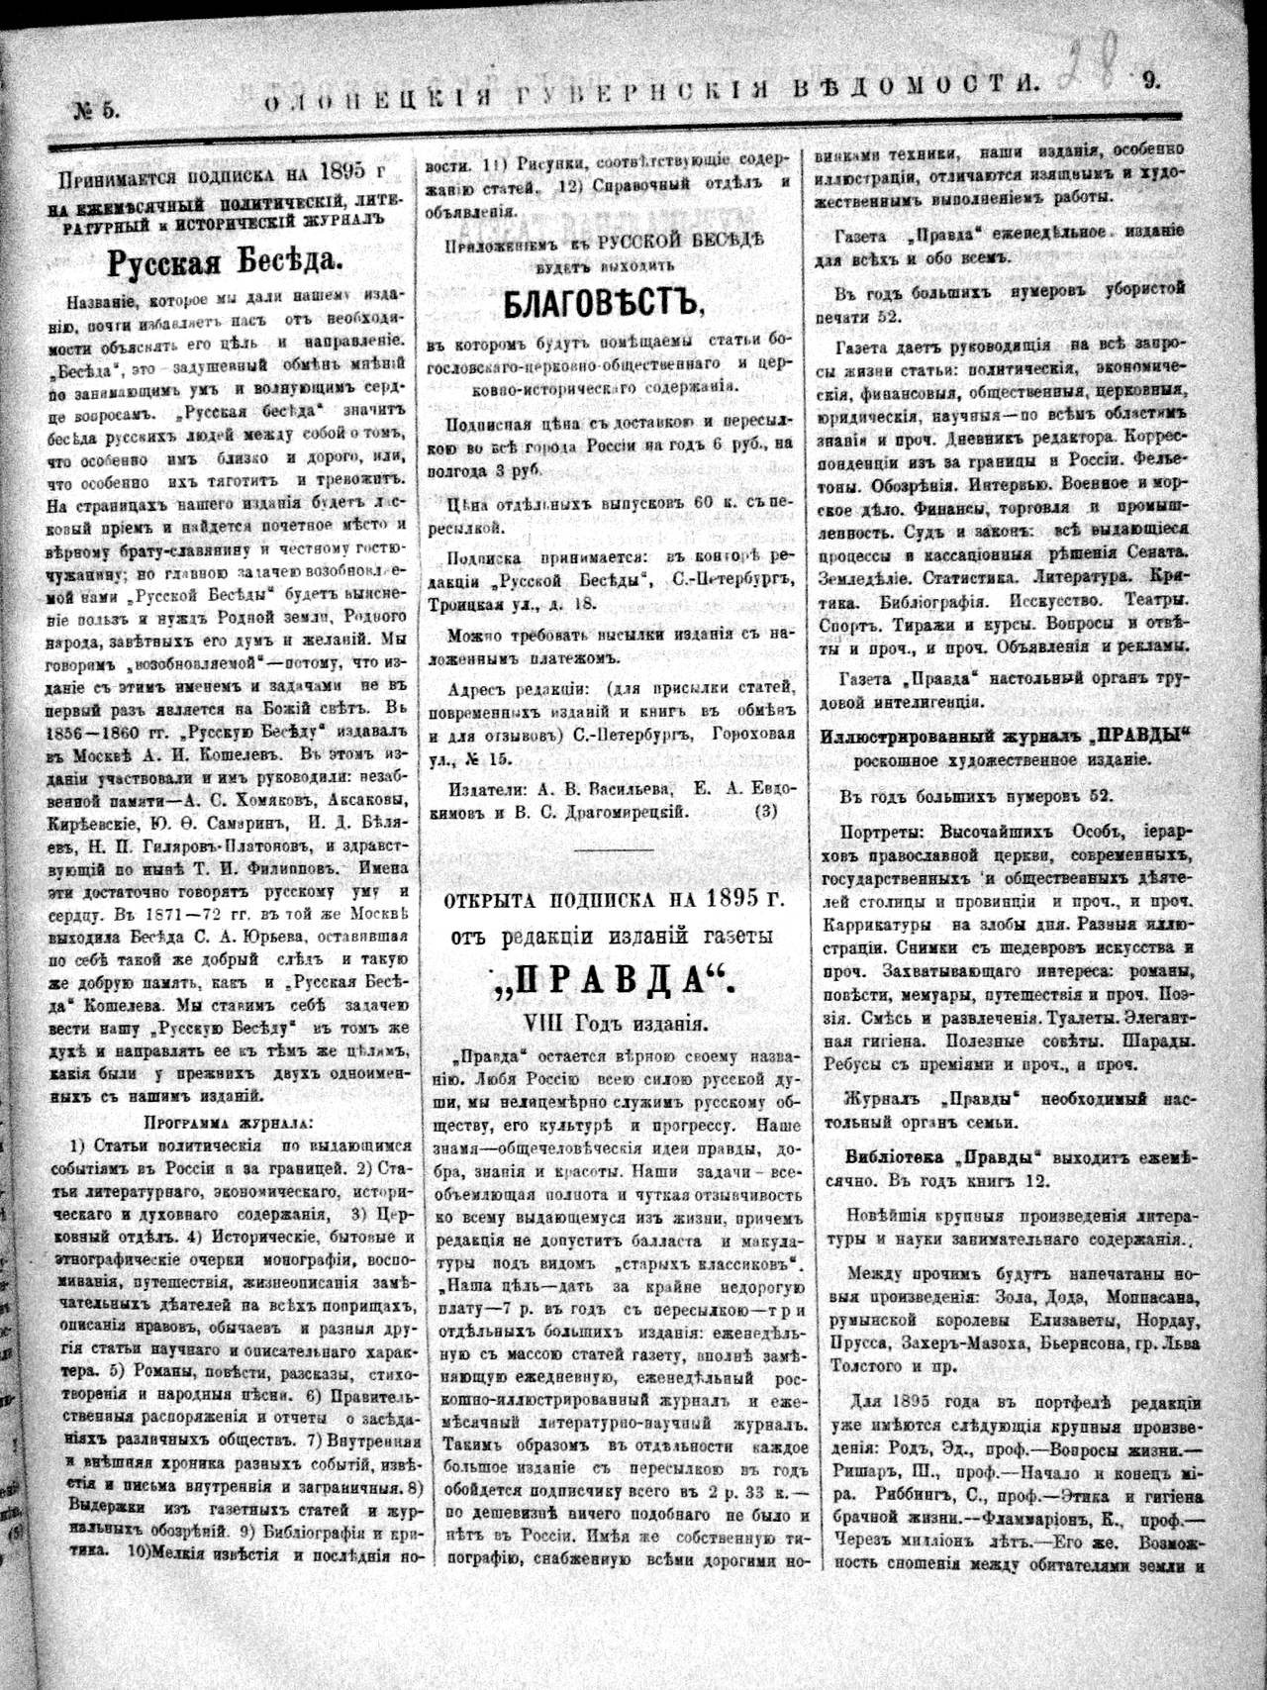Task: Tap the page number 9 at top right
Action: point(1151,83)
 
